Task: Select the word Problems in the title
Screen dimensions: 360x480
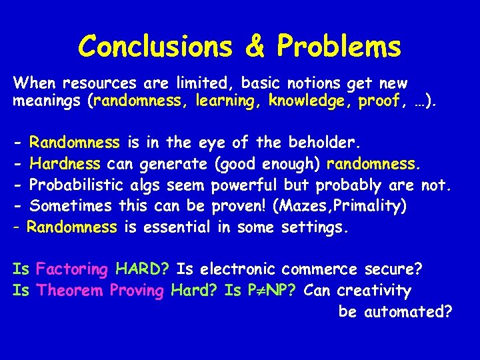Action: (339, 47)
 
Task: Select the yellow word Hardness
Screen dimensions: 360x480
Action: (65, 163)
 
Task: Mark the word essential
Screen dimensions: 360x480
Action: (176, 227)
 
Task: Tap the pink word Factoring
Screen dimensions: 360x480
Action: (72, 269)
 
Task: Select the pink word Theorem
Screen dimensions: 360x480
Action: (71, 291)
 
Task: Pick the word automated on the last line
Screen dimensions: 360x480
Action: (409, 311)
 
